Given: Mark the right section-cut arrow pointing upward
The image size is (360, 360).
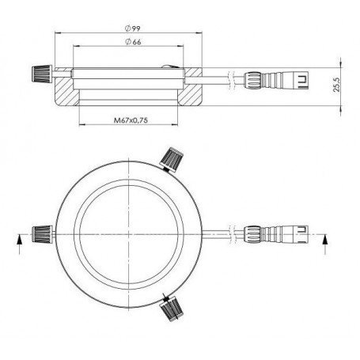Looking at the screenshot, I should [x=326, y=241].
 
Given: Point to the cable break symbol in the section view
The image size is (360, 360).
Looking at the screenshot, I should [x=229, y=80].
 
